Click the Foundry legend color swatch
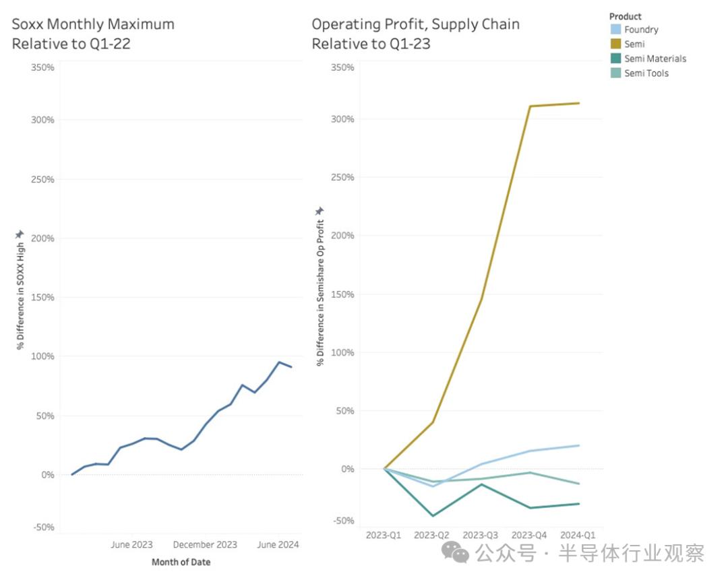[x=615, y=30]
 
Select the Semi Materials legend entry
[x=655, y=59]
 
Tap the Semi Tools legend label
[x=646, y=73]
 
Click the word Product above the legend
[x=625, y=16]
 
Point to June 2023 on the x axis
[x=131, y=545]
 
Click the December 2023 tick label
[x=205, y=545]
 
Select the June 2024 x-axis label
[x=278, y=545]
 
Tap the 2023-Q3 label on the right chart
[x=480, y=535]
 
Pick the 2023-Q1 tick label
[x=383, y=535]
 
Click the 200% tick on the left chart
[x=43, y=238]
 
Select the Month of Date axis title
[x=181, y=562]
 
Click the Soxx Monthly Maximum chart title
[x=93, y=34]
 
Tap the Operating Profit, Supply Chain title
[x=415, y=34]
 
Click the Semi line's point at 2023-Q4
[x=530, y=106]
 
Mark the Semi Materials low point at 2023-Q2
[x=432, y=516]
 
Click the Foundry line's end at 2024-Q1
[x=579, y=445]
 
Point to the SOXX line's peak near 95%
[x=279, y=362]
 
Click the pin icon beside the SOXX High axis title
[x=20, y=234]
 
